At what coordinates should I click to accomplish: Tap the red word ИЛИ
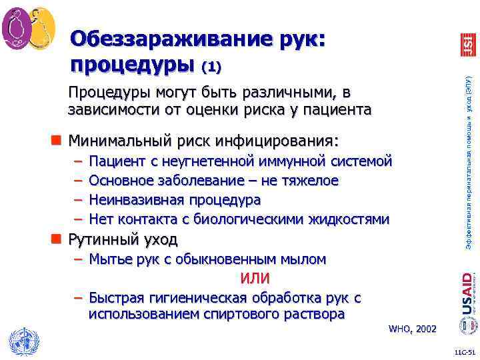[x=255, y=277]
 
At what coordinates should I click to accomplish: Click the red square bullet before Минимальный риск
[x=58, y=141]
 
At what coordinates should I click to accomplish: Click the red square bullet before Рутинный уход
[x=58, y=239]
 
